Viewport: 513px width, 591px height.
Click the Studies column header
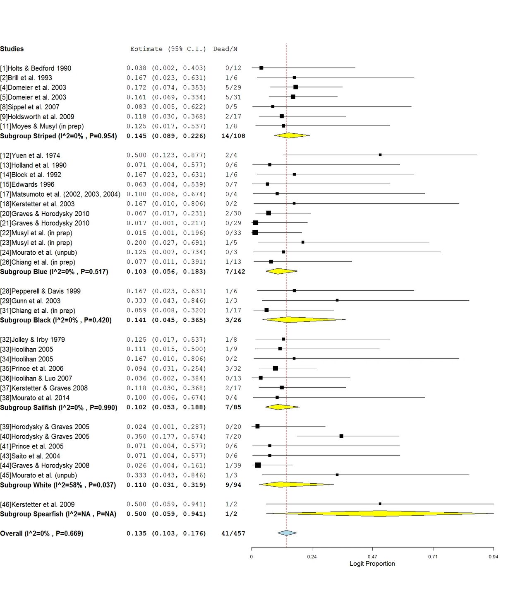[12, 49]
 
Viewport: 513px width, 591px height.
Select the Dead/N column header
[225, 49]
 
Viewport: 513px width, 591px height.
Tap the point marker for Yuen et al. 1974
[380, 155]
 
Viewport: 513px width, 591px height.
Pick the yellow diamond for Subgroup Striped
[291, 135]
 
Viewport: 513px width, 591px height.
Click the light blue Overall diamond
[287, 533]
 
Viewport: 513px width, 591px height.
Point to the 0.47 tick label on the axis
[372, 557]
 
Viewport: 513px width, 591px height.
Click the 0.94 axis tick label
[493, 557]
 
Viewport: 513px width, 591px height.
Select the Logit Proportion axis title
[372, 564]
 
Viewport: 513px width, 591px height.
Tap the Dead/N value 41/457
[233, 533]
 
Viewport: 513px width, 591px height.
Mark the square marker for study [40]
[341, 436]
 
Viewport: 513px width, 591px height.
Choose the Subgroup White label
[58, 485]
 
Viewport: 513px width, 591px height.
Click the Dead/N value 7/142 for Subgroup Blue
[233, 272]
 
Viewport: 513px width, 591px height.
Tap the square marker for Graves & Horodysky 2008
[258, 465]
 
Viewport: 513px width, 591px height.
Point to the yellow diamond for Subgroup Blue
[281, 271]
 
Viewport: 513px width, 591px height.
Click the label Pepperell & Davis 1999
[41, 291]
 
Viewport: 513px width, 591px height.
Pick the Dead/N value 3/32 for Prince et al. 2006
[233, 369]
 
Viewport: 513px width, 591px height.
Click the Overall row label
[41, 533]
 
